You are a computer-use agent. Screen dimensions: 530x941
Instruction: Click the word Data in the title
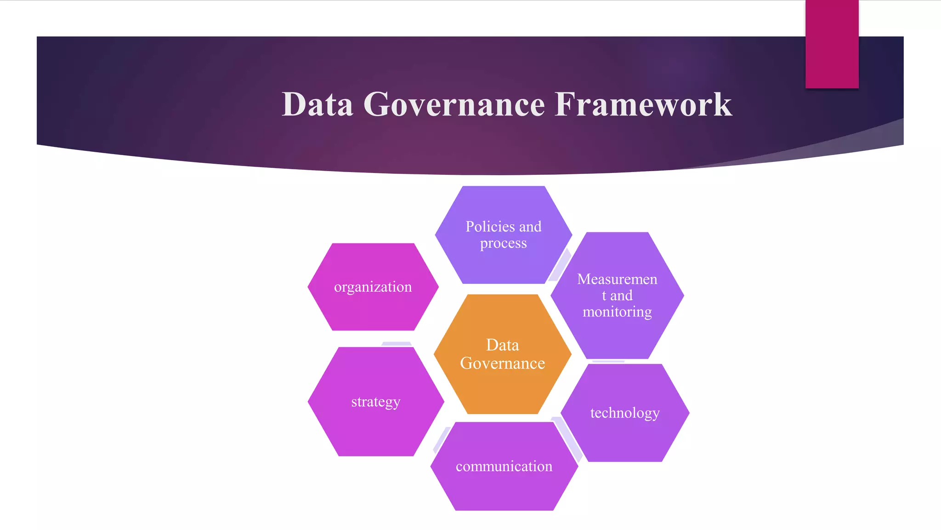pos(317,104)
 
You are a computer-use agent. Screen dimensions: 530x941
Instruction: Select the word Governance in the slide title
pos(454,104)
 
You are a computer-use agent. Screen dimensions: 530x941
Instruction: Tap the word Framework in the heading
pos(643,104)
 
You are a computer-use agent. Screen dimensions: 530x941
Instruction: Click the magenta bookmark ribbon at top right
pos(832,44)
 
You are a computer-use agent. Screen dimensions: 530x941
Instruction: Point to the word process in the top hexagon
pos(504,243)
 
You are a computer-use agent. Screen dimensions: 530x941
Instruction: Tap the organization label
pos(373,287)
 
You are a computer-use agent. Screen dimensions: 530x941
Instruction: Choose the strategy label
pos(375,402)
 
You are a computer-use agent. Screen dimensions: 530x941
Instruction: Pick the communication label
pos(504,467)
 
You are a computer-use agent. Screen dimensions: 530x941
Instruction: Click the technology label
pos(625,413)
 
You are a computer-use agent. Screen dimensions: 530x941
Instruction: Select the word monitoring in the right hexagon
pos(617,312)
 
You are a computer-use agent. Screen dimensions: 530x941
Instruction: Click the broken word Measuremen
pos(617,279)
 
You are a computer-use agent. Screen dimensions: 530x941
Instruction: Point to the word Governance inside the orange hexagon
pos(503,363)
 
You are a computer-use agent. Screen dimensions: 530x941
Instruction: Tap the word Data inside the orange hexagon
pos(503,345)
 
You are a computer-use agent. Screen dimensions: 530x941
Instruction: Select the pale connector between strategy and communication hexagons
pos(442,439)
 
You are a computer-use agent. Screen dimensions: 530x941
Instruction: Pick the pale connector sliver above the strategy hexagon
pos(396,344)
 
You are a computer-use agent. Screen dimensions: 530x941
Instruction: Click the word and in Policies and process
pos(530,226)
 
